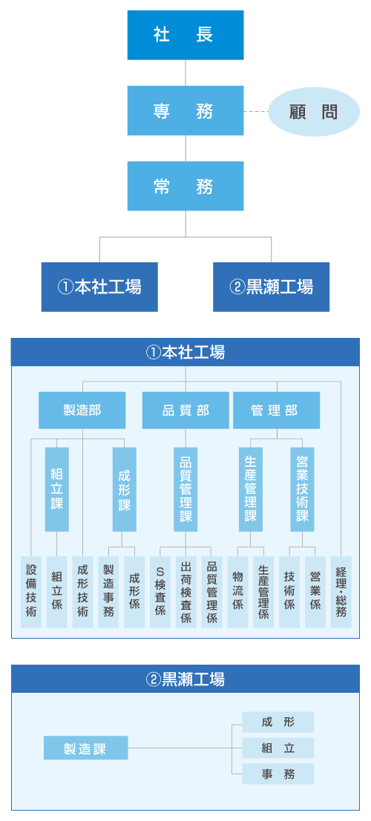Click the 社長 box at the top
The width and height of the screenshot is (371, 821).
tap(185, 35)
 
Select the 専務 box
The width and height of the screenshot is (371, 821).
tap(185, 110)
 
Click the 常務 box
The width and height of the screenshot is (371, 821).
tap(185, 186)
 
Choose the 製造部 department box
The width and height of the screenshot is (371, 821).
tap(82, 410)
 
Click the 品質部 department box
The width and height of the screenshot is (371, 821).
tap(185, 410)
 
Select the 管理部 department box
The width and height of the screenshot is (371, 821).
tap(276, 410)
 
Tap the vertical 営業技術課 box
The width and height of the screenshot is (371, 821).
tap(302, 489)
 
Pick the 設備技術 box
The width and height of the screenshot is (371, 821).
tap(31, 591)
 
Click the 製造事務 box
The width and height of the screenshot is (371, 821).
tap(108, 591)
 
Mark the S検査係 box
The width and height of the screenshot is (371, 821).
tap(160, 591)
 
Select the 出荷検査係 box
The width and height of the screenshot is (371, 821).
tap(186, 591)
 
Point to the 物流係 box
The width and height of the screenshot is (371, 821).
tap(237, 591)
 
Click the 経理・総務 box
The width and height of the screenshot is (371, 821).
tap(341, 591)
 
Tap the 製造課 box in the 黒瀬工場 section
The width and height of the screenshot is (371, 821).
tap(85, 748)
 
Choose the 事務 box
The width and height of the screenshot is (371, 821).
tap(278, 774)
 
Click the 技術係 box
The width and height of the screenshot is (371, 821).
tap(289, 591)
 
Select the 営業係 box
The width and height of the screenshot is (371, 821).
tap(315, 591)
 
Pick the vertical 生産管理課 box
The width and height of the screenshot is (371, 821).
tap(251, 489)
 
